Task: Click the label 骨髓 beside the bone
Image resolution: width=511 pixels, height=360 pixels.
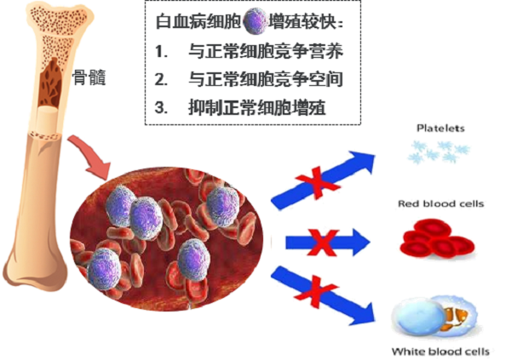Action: coord(89,76)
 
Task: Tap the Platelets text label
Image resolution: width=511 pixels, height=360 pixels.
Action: coord(439,129)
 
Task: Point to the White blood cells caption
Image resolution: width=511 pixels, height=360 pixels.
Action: coord(440,350)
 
